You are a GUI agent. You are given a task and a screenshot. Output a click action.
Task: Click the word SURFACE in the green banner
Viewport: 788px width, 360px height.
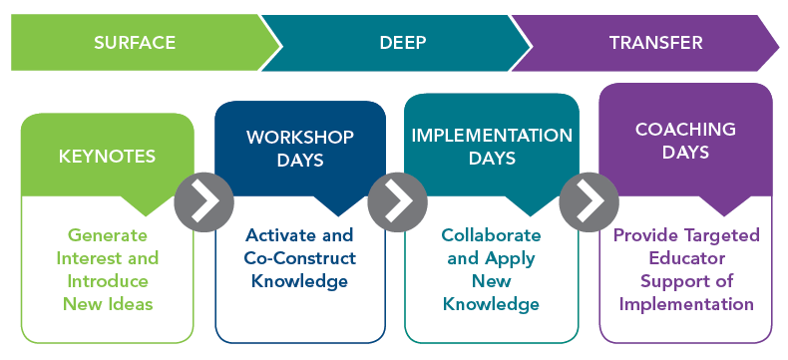[135, 43]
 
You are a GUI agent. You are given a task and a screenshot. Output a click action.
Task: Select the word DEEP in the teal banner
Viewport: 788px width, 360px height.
[403, 43]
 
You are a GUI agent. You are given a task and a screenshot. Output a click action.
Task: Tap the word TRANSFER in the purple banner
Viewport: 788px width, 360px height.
[655, 43]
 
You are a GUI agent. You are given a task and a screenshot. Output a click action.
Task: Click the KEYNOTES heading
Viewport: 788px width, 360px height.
[107, 157]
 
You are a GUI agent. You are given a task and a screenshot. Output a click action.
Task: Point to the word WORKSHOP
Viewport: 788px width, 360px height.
[300, 137]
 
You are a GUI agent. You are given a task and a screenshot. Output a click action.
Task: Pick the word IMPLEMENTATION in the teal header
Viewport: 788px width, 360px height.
[492, 135]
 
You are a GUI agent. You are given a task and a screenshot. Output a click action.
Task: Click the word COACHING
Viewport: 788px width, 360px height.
[685, 129]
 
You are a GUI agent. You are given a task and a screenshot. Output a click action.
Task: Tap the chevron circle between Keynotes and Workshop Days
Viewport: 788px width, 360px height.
[204, 201]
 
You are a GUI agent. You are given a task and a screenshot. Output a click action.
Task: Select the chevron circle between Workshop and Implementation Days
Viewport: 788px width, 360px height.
[398, 201]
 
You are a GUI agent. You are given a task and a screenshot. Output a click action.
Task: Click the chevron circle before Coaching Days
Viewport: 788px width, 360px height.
[589, 201]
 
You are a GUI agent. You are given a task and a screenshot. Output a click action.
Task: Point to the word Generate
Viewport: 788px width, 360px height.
[108, 235]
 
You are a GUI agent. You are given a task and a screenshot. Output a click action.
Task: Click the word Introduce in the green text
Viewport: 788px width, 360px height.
[108, 280]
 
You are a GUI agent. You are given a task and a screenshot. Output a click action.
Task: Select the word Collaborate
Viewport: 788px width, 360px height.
[491, 235]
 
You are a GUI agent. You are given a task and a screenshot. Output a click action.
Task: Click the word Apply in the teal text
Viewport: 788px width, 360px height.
[510, 259]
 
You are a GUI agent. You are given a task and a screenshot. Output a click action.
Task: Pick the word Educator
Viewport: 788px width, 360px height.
[687, 258]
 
